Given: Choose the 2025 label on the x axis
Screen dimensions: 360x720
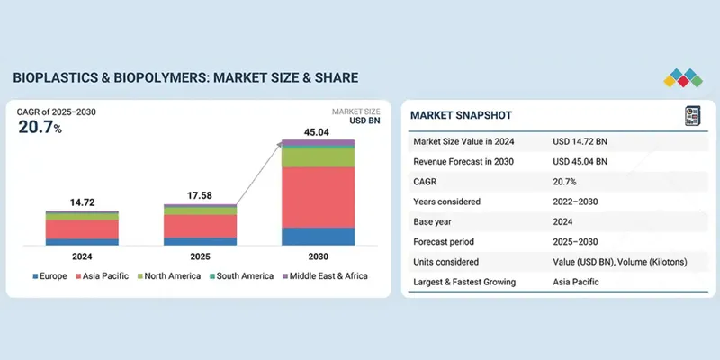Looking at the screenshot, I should pos(200,255).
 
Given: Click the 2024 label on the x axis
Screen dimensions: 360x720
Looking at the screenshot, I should pos(83,255).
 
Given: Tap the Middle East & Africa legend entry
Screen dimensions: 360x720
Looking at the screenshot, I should pos(326,275).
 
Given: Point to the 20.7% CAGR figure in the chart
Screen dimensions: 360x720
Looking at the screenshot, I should pos(40,128).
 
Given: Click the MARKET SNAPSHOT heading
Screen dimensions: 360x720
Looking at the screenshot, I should pos(462,115).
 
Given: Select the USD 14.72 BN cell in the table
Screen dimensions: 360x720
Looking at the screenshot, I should pos(580,142).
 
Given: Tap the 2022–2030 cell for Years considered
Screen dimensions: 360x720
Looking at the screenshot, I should pos(579,202).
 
